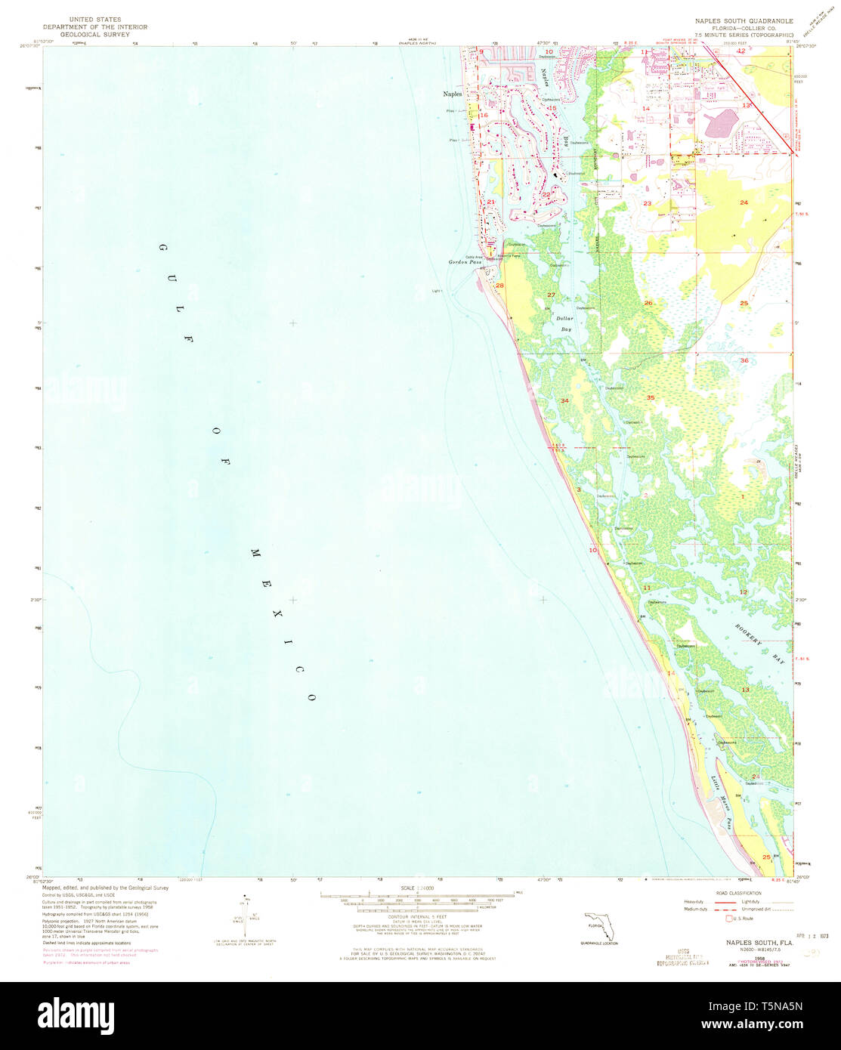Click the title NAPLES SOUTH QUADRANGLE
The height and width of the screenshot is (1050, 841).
coord(738,20)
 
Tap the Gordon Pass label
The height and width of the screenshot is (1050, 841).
coord(465,261)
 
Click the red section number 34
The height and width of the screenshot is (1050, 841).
coord(564,400)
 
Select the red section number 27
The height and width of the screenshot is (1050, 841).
coord(551,295)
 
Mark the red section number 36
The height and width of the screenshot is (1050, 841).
coord(744,360)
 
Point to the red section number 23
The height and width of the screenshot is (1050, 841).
coord(647,204)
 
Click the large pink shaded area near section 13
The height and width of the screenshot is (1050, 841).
coord(722,123)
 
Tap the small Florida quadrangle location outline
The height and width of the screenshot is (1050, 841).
coord(598,927)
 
